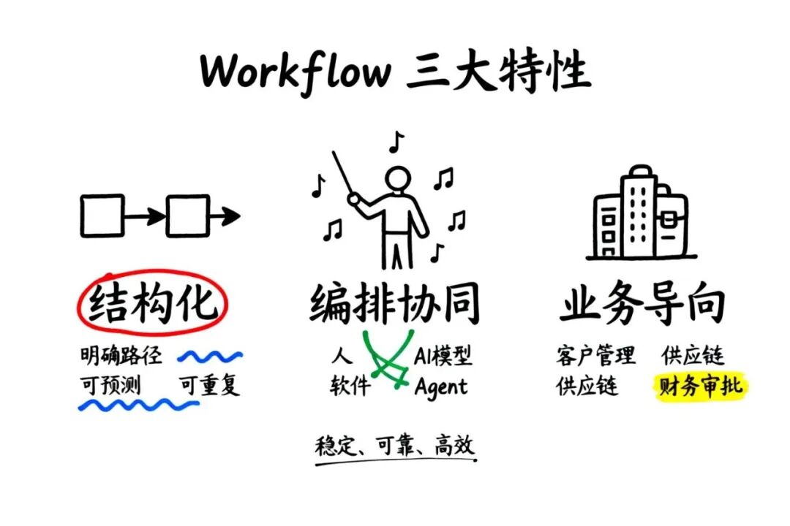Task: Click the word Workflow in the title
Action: [x=296, y=71]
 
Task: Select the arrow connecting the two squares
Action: [x=146, y=216]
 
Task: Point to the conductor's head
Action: [x=398, y=180]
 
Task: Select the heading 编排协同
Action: [x=395, y=304]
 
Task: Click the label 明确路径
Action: [x=121, y=357]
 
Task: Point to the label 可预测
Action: [x=110, y=384]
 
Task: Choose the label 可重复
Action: [x=210, y=384]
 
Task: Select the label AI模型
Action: [x=443, y=357]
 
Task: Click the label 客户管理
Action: [x=596, y=357]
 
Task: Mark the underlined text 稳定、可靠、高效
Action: [x=395, y=446]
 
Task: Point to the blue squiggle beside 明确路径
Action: [x=211, y=357]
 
